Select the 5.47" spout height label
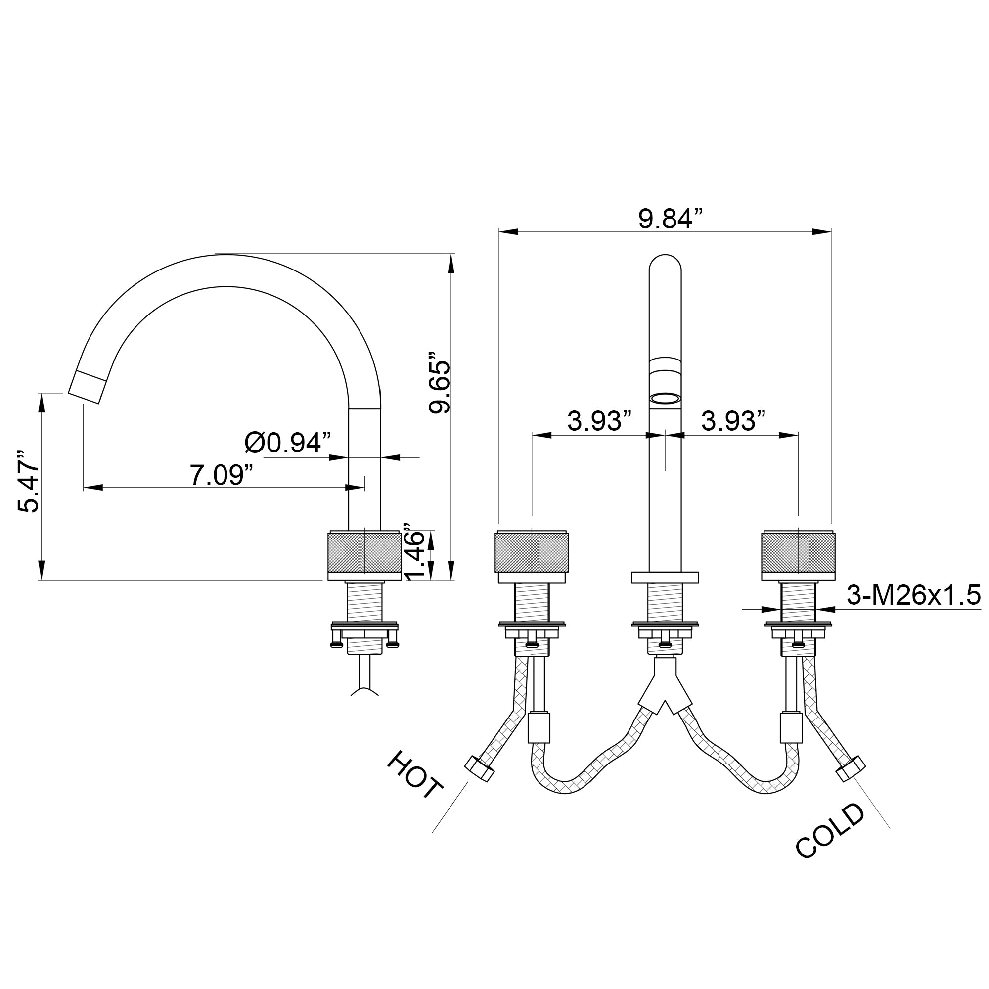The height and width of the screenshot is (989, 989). click(28, 482)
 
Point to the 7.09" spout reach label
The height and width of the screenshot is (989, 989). click(222, 475)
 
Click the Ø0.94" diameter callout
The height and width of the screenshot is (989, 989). click(288, 442)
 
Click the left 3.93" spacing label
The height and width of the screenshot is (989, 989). click(599, 421)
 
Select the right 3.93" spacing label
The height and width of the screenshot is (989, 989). click(733, 421)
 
